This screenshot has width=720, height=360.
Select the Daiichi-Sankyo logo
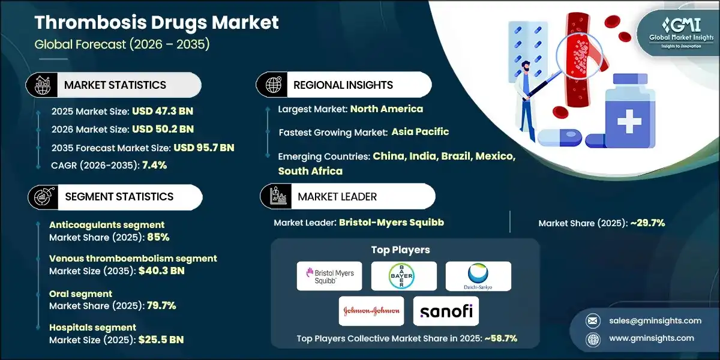tap(478, 276)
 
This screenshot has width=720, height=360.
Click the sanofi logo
tap(445, 311)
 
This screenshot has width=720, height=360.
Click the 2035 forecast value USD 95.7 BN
tap(203, 147)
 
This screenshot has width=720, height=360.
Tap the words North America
tap(386, 109)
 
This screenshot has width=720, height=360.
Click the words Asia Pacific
tap(420, 131)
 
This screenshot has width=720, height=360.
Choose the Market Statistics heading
tap(115, 85)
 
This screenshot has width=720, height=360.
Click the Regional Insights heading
tap(343, 85)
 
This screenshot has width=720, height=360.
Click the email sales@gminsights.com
tap(647, 320)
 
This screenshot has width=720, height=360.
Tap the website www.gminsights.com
tap(647, 338)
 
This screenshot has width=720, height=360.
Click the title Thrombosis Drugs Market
tap(157, 23)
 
